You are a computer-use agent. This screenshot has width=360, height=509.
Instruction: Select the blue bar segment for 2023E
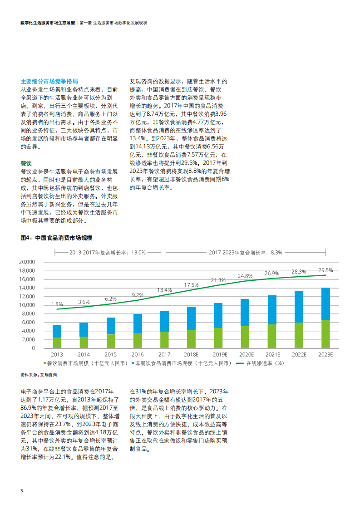pos(325,304)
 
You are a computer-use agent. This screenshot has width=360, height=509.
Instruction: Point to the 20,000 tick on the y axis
pos(27,262)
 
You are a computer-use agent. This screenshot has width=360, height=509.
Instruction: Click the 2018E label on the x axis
pos(192,354)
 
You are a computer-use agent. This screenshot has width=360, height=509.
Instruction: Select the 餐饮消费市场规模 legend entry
pos(75,363)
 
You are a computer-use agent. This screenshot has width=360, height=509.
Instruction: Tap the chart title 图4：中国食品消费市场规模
pos(56,238)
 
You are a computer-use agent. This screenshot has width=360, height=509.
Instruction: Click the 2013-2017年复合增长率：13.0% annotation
pos(107,252)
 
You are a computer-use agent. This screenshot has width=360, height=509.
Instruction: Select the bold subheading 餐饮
pos(26,163)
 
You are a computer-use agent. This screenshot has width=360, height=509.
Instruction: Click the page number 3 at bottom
pos(22,491)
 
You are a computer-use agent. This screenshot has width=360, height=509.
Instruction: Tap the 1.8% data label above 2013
pos(57,304)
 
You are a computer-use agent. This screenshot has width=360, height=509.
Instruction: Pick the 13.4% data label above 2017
pos(164,289)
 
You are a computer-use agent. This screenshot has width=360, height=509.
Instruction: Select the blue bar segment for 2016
pos(138,323)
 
